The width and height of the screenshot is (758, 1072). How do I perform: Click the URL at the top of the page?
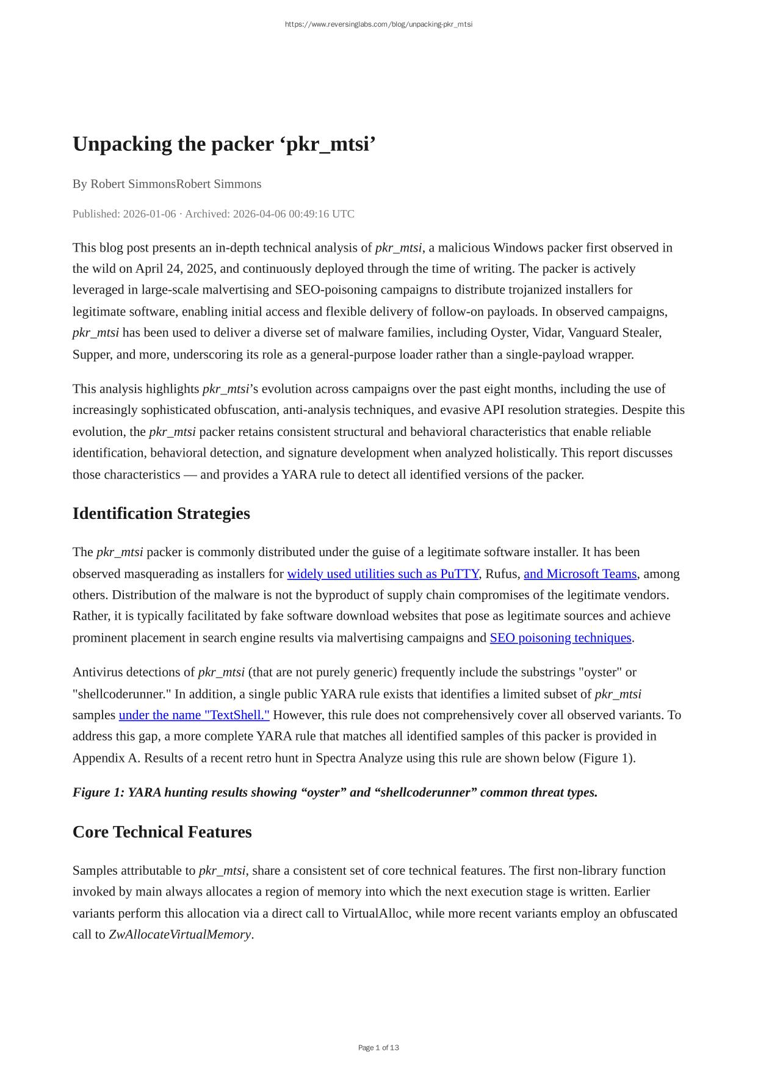click(378, 24)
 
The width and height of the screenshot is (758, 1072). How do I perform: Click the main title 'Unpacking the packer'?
click(223, 145)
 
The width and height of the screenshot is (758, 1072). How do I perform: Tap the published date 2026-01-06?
click(149, 214)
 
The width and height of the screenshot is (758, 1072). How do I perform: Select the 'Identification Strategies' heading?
click(161, 513)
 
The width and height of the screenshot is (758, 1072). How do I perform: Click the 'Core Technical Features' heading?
click(162, 832)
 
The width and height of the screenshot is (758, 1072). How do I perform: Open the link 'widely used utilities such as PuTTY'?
click(383, 574)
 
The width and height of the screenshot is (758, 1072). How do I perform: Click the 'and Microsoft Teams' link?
click(580, 574)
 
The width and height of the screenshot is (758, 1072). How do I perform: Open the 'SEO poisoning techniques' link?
click(560, 638)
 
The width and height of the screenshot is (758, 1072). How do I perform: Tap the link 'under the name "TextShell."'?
click(194, 715)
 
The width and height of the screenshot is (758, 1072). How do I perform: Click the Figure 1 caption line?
click(334, 792)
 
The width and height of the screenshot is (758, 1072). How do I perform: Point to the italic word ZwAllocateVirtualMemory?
click(179, 935)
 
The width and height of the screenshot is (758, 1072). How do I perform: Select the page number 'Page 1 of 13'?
click(378, 1048)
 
